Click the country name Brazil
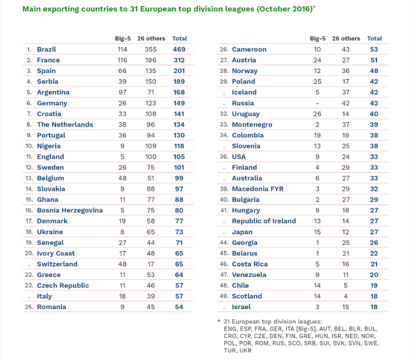47,50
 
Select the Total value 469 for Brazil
180,50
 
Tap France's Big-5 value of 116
123,60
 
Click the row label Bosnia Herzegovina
70,210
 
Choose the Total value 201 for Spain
180,71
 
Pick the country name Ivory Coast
56,254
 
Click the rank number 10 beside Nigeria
29,146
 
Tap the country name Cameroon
249,50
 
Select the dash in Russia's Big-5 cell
317,103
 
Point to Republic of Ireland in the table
264,221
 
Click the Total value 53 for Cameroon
375,50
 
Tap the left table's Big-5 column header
123,39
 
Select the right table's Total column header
375,39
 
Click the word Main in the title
32,10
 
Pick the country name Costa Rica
250,264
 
